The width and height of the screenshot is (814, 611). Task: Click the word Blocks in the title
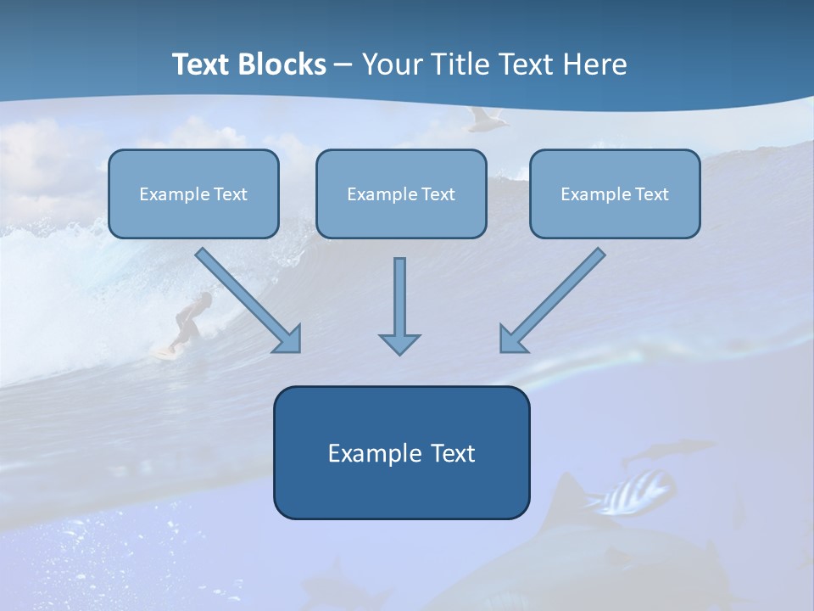pyautogui.click(x=285, y=64)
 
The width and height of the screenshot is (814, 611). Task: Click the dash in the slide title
pyautogui.click(x=343, y=65)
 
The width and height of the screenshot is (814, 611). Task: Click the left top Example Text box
pyautogui.click(x=193, y=193)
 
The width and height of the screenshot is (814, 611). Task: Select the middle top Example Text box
pyautogui.click(x=401, y=193)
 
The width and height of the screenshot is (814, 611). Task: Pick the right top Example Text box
pyautogui.click(x=615, y=193)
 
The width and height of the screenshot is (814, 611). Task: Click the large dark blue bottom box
pyautogui.click(x=401, y=452)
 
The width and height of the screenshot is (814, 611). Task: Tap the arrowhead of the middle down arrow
pyautogui.click(x=399, y=344)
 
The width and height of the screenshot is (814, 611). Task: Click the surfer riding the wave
pyautogui.click(x=192, y=318)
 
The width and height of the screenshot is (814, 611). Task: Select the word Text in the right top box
pyautogui.click(x=651, y=193)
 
